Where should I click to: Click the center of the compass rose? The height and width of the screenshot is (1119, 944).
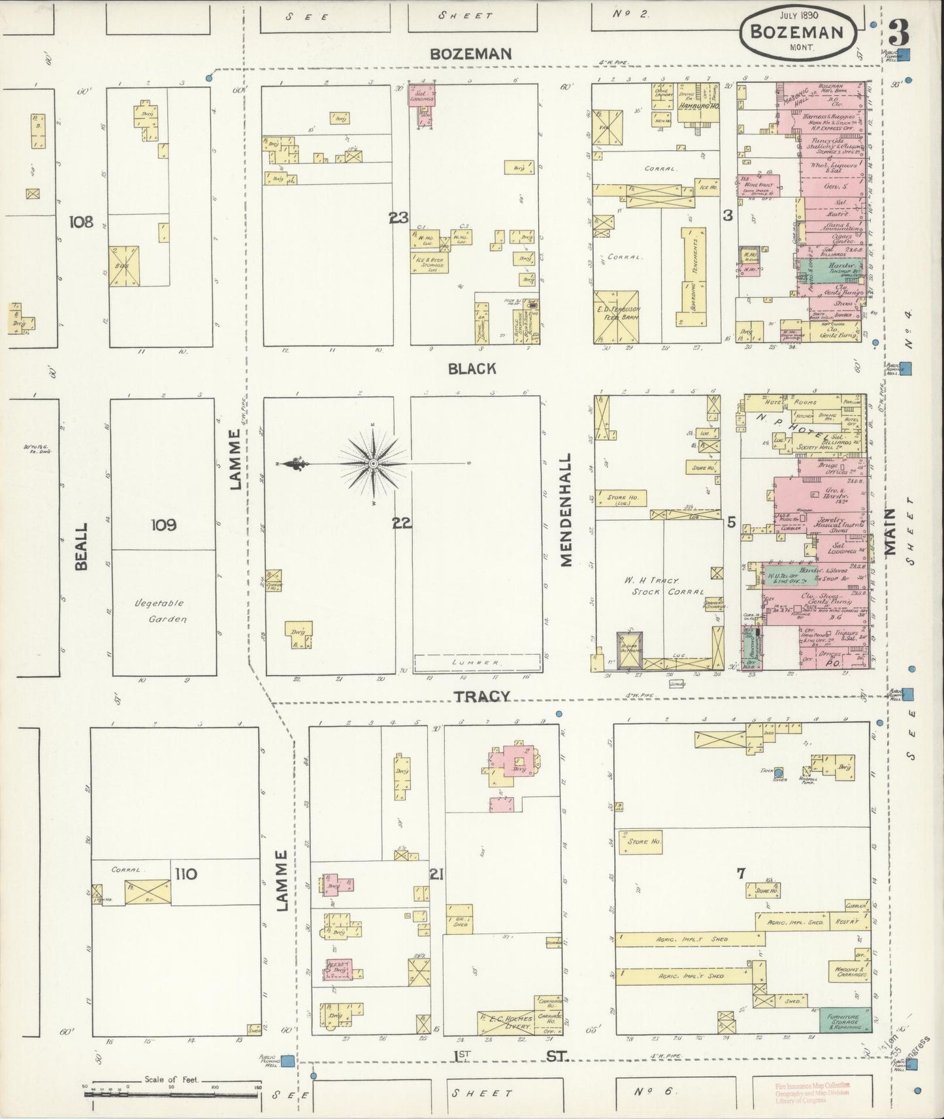[x=373, y=464]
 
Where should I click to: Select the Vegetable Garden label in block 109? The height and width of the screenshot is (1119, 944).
[x=159, y=611]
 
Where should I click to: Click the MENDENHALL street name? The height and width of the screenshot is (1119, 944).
[x=566, y=510]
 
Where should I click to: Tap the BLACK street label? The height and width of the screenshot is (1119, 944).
[x=472, y=369]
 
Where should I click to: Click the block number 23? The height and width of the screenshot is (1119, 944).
[x=398, y=218]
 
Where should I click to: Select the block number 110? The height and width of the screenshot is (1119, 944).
[x=186, y=874]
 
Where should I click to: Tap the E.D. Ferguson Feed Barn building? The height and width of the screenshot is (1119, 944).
[x=617, y=317]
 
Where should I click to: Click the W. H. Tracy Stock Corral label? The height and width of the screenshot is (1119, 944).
[x=659, y=586]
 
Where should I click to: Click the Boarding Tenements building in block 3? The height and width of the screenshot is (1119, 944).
[x=694, y=277]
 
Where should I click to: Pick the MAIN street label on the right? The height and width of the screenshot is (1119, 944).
[x=890, y=531]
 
